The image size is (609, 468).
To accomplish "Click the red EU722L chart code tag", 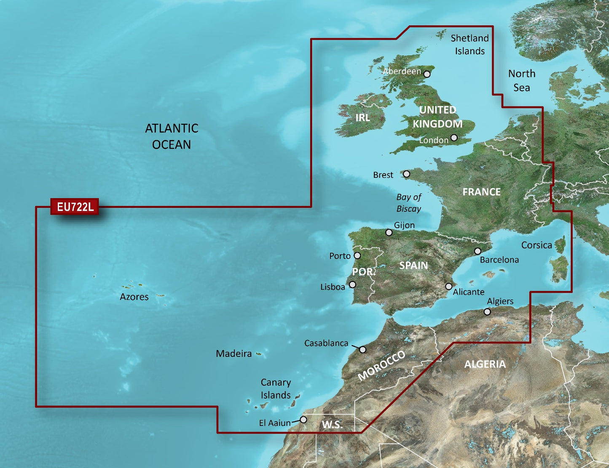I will tap(75, 207).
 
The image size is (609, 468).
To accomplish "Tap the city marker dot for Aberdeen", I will tap(427, 74).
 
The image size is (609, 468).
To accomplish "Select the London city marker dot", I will tap(454, 138).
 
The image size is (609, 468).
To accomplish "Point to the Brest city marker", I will tap(406, 174).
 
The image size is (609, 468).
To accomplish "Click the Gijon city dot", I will tap(389, 232).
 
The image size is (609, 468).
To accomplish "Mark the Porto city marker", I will tap(357, 255).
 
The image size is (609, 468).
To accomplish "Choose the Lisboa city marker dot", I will tap(352, 285).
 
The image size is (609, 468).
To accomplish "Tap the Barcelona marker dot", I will tap(478, 251).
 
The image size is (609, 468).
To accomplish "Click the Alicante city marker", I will tap(449, 287).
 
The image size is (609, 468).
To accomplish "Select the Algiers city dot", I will tap(487, 312).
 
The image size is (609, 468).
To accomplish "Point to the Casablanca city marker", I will tap(363, 350).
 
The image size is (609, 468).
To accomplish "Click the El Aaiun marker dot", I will tap(303, 420).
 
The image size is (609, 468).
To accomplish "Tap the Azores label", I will tap(134, 297).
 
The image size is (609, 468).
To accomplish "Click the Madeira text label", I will tap(233, 354).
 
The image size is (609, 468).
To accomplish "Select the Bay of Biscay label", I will tap(408, 202).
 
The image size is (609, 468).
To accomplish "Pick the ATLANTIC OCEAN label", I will tap(172, 136).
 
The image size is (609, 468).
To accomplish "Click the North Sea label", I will tap(522, 80).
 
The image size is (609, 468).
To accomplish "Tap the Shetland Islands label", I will tap(469, 45).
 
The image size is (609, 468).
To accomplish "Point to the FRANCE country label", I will tap(481, 192).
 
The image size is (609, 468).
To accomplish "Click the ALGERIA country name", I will tap(485, 364).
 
